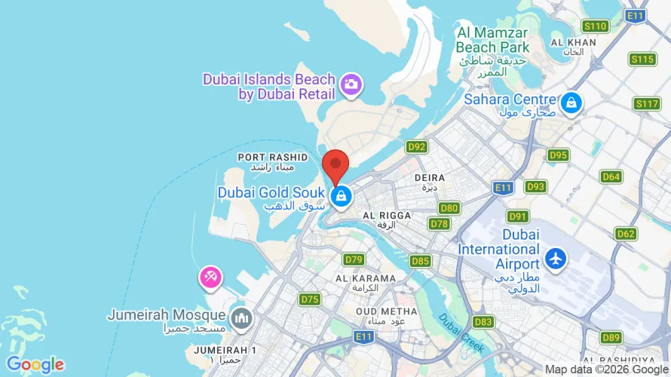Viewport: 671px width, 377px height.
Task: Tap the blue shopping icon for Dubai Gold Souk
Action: point(342,198)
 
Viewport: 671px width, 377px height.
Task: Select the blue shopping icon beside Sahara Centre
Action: point(571,103)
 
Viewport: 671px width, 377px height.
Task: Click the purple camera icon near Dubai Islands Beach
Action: point(350,84)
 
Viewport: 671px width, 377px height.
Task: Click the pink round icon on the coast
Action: point(210,277)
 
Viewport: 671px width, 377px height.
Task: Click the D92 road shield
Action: point(417,146)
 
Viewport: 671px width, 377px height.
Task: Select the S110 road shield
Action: point(596,26)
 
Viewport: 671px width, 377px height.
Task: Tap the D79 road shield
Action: point(354,259)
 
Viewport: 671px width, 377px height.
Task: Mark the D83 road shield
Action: point(485,322)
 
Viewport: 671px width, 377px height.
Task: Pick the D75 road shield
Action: point(310,299)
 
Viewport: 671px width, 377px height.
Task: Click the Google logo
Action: point(35,365)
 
